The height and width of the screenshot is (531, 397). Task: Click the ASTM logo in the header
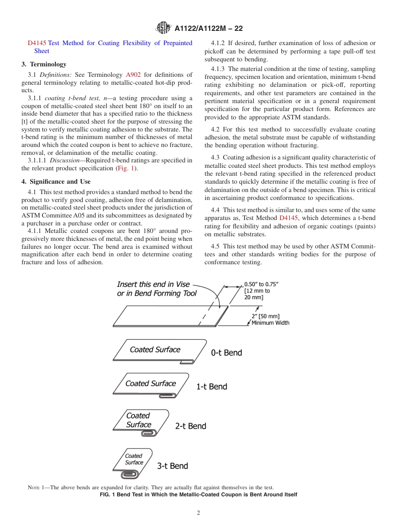pos(163,28)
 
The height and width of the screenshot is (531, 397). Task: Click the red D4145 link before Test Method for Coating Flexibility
pos(37,43)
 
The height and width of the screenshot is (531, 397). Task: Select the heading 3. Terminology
pos(44,64)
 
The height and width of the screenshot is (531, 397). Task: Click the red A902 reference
pos(133,75)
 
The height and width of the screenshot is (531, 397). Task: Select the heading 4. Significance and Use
pos(56,182)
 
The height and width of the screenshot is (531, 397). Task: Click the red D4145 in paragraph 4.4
pos(288,218)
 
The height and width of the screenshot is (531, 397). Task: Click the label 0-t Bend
pos(226,353)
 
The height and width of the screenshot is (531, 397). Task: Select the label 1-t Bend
pos(212,387)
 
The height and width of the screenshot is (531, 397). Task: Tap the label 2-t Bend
pos(191,426)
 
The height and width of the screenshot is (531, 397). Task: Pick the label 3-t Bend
pos(173,466)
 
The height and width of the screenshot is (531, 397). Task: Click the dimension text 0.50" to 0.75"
pos(261,284)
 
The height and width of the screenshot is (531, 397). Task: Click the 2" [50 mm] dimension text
pos(265,316)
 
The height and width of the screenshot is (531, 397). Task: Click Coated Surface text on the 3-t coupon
pos(134,459)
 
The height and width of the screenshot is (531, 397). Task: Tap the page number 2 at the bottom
pos(198,513)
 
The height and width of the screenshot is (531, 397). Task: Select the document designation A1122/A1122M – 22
pos(209,29)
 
